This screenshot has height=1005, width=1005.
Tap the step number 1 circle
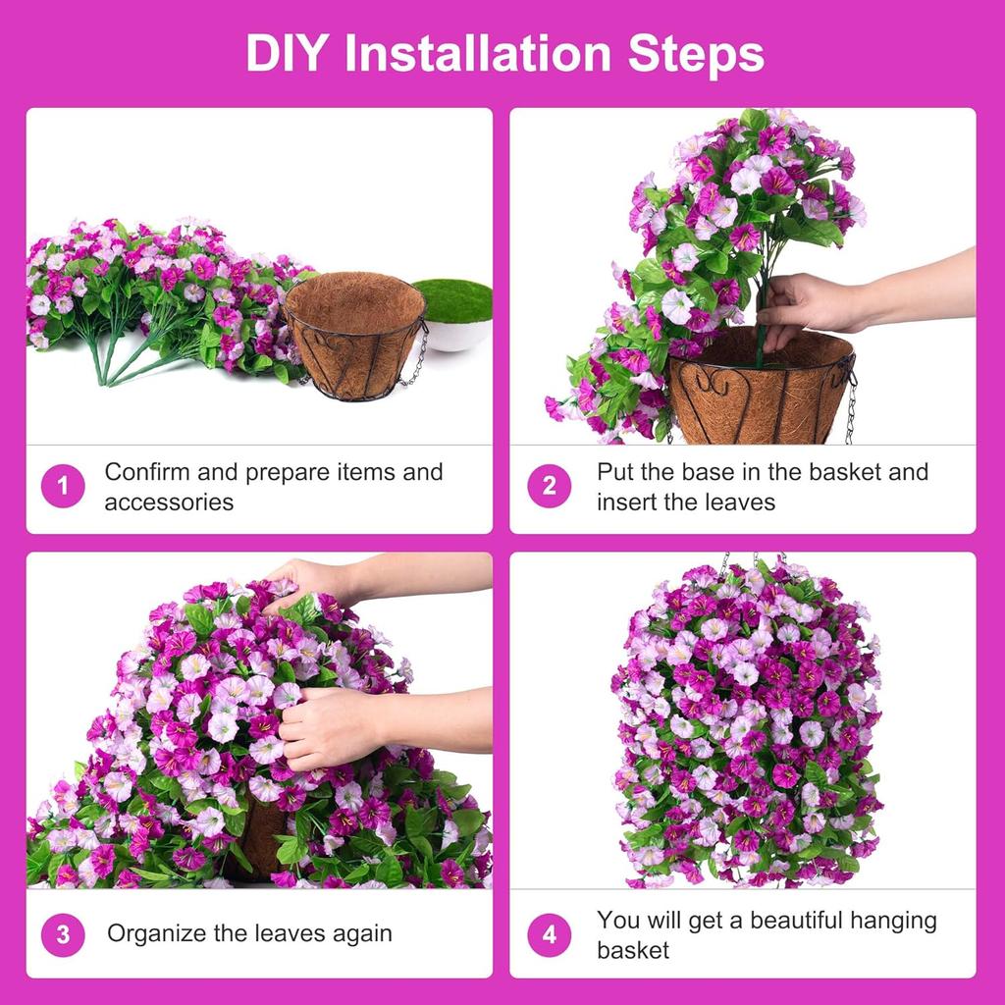63,486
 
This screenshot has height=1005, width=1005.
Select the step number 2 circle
549,486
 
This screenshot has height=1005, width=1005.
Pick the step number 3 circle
63,934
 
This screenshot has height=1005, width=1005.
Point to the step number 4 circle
549,934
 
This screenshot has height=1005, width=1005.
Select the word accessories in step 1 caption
169,502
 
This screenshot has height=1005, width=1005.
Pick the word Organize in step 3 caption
158,933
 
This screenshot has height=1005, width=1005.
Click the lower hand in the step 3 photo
324,726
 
